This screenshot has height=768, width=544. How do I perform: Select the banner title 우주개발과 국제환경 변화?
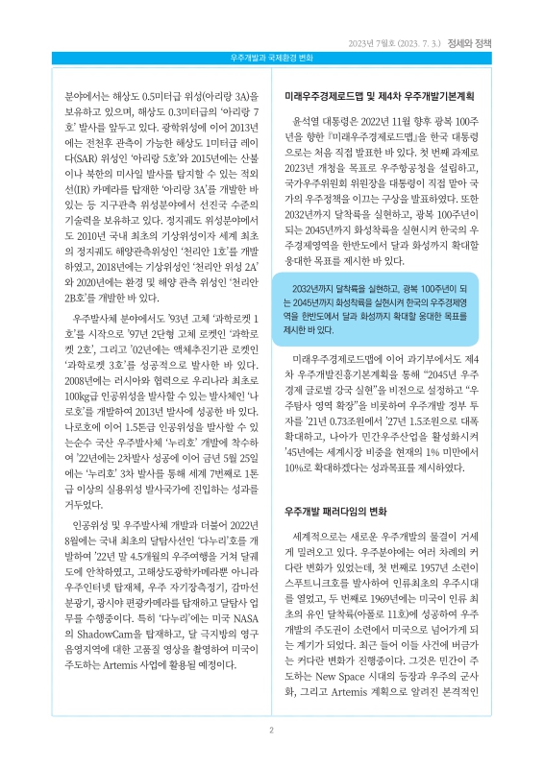(x=272, y=60)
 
